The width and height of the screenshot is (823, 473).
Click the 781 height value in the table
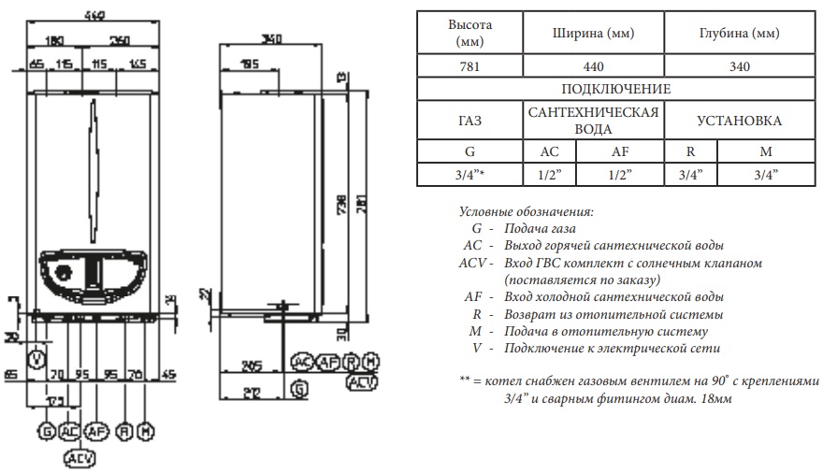(x=469, y=66)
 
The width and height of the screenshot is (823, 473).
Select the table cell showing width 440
(x=593, y=66)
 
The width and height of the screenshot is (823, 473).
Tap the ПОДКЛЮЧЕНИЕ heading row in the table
(x=615, y=89)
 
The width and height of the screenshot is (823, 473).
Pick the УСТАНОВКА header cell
(x=739, y=121)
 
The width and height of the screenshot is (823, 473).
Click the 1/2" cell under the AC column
(x=550, y=174)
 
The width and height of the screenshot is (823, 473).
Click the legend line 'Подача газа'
(x=540, y=228)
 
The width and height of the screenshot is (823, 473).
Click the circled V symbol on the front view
(x=36, y=358)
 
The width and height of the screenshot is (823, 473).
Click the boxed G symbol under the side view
(x=298, y=387)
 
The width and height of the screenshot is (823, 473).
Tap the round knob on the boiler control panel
(x=64, y=274)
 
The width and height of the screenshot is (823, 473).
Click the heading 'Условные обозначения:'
(x=527, y=211)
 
